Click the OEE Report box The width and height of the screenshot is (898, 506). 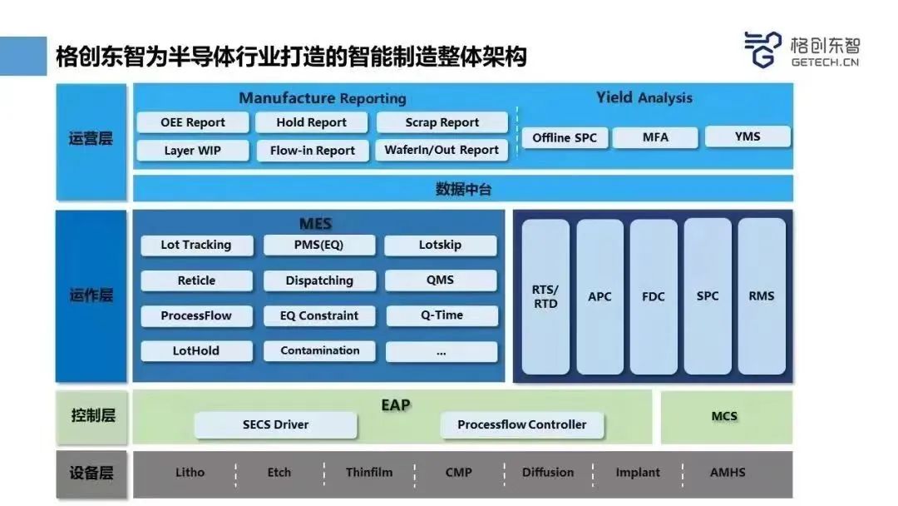coord(193,122)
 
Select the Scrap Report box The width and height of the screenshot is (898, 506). coord(442,122)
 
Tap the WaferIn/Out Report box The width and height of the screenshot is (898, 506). coord(442,151)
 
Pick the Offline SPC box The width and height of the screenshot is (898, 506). coord(565,137)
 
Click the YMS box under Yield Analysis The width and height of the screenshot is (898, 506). coord(748,136)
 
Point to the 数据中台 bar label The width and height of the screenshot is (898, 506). coord(463,189)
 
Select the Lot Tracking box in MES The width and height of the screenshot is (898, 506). coord(195,245)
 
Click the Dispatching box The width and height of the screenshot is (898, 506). coord(319,280)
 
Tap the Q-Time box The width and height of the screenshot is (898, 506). coord(441,315)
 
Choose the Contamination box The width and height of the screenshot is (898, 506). coord(319,350)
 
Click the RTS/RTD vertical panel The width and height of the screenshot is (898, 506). coord(545,296)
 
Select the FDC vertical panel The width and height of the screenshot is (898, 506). coord(654,296)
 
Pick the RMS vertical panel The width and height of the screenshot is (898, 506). coord(761,296)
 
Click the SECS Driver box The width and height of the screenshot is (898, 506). coord(275,424)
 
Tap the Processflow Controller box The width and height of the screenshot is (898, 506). coord(521,424)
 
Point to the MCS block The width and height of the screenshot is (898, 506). coord(724,416)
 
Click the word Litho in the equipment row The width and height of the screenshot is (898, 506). coord(190,473)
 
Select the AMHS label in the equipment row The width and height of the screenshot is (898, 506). coord(728,473)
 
